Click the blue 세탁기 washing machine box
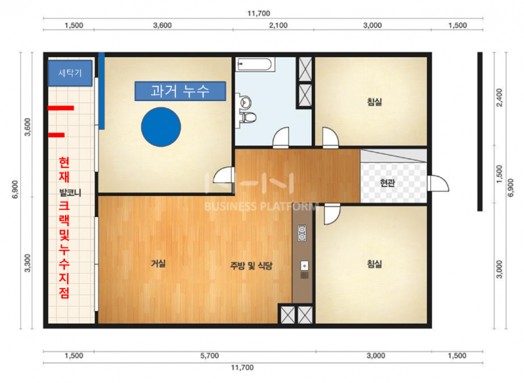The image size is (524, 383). pos(70,73)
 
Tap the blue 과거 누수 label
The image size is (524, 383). pos(180,91)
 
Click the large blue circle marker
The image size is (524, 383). pos(161,127)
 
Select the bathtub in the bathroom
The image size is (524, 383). pos(255,64)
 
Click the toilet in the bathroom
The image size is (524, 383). pos(248,117)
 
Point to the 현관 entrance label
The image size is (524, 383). pos(387,183)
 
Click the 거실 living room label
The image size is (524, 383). pos(158,264)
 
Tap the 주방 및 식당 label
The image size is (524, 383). pos(251,266)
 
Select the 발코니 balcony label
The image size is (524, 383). pos(70,193)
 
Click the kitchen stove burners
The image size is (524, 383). pos(302,233)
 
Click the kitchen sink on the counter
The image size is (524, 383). pos(305,266)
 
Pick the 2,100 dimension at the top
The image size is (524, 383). pos(278,25)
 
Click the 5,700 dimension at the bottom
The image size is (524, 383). pos(210,356)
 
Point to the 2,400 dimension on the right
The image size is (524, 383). pos(500,98)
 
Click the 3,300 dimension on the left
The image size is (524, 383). pos(27,263)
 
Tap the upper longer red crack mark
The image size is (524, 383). pos(61,108)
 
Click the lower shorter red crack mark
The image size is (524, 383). pos(57,135)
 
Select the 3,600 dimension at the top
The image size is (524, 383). pos(162,25)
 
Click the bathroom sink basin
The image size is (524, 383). pos(246,102)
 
